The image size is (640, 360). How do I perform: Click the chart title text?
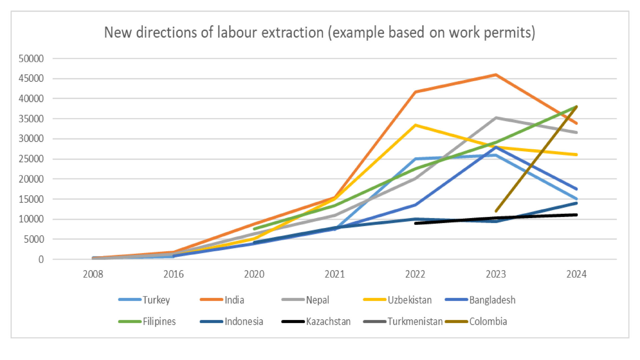pos(319,33)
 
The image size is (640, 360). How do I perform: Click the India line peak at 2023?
pos(496,75)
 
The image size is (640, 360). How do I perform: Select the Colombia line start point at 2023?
pos(496,211)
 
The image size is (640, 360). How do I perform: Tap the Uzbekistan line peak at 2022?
pos(415,125)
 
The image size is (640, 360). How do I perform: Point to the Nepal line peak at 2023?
pos(496,118)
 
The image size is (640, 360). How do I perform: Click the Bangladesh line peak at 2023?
pos(496,147)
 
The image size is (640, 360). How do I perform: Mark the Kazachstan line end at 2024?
pos(576,215)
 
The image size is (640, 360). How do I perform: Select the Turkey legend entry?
pos(145,300)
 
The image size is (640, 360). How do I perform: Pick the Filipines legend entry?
pos(147,322)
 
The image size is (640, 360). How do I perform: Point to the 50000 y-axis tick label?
pos(31,59)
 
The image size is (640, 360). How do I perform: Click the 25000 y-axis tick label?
pos(31,159)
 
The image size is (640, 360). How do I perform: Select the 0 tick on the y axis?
pos(41,259)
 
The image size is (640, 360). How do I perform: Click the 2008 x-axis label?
pos(93,274)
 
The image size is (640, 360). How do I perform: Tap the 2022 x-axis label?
pos(415,274)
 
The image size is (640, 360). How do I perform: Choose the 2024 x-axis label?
pos(576,274)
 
